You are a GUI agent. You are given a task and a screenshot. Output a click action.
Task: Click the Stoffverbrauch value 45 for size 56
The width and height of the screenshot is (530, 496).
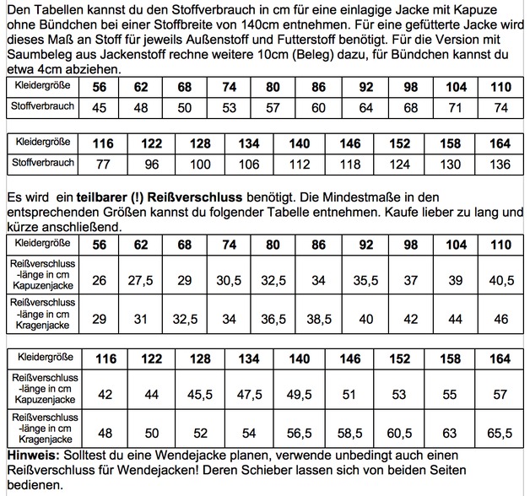point(99,108)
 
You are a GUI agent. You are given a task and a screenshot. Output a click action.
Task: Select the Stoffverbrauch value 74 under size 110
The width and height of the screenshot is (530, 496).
point(500,108)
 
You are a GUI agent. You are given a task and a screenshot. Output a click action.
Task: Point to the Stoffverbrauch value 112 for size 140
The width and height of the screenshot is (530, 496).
point(300,163)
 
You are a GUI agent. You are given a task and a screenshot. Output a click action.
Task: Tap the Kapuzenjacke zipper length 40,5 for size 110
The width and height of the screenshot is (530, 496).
point(500,280)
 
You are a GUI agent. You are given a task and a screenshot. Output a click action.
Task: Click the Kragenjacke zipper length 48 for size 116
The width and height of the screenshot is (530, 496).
point(106,434)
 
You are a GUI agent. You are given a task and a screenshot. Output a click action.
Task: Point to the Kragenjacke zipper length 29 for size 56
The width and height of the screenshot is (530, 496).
point(99,321)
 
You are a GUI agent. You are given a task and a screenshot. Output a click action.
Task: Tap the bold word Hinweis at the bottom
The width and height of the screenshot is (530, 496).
point(30,456)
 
